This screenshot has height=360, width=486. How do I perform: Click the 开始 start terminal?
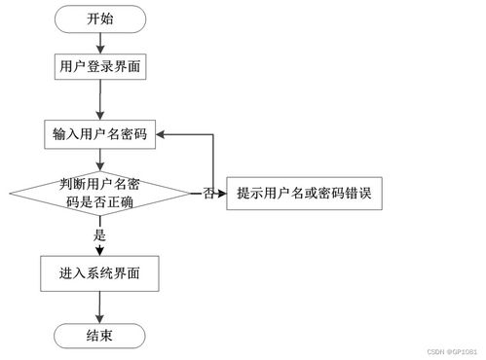click(x=100, y=18)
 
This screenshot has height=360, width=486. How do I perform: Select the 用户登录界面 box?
click(x=100, y=67)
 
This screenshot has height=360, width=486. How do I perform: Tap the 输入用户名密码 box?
click(x=100, y=134)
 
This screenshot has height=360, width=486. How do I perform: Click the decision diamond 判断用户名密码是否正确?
click(x=100, y=194)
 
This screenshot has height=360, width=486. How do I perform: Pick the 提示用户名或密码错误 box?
click(x=303, y=194)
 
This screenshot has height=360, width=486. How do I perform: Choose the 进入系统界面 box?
click(x=100, y=273)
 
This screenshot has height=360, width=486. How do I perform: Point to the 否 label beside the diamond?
click(x=208, y=195)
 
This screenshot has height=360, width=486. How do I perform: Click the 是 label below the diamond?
click(x=99, y=234)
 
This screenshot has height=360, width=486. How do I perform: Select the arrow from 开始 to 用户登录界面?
click(x=100, y=41)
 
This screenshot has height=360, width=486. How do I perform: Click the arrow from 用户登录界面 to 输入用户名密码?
click(x=100, y=100)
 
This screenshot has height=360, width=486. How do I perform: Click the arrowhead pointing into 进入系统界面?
click(x=100, y=251)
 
